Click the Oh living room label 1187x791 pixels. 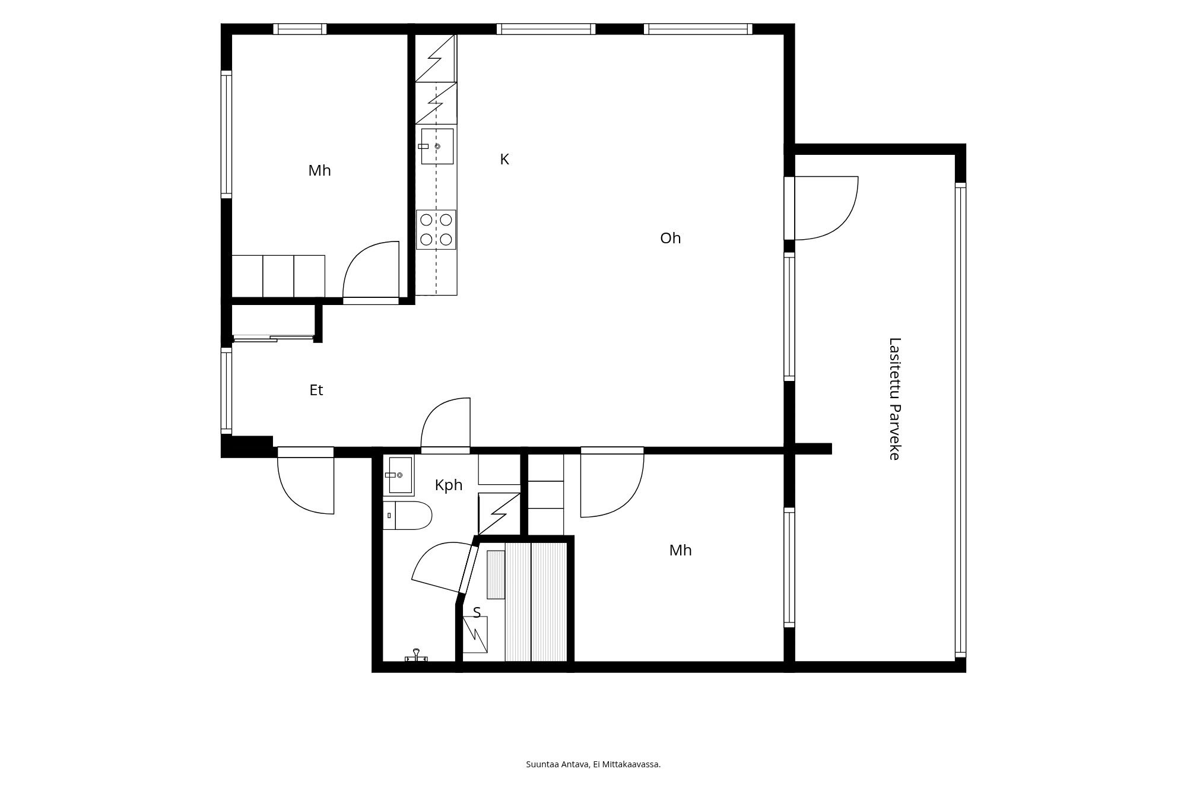click(670, 238)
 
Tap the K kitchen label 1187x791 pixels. click(504, 159)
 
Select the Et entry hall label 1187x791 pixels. click(316, 390)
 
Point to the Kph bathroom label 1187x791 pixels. click(448, 485)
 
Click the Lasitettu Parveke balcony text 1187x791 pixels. click(894, 399)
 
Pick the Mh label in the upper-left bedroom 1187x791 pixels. click(319, 171)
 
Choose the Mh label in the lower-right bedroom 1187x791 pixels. click(680, 550)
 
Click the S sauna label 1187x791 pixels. click(477, 612)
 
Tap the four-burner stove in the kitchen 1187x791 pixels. click(436, 230)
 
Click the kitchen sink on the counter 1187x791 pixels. click(437, 146)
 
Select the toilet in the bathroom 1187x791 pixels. click(408, 515)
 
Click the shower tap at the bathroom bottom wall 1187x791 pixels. click(416, 656)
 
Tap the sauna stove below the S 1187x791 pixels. click(475, 634)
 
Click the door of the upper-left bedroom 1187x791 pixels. click(371, 272)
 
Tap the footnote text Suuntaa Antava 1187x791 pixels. click(558, 764)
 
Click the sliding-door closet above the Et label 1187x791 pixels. click(273, 323)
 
